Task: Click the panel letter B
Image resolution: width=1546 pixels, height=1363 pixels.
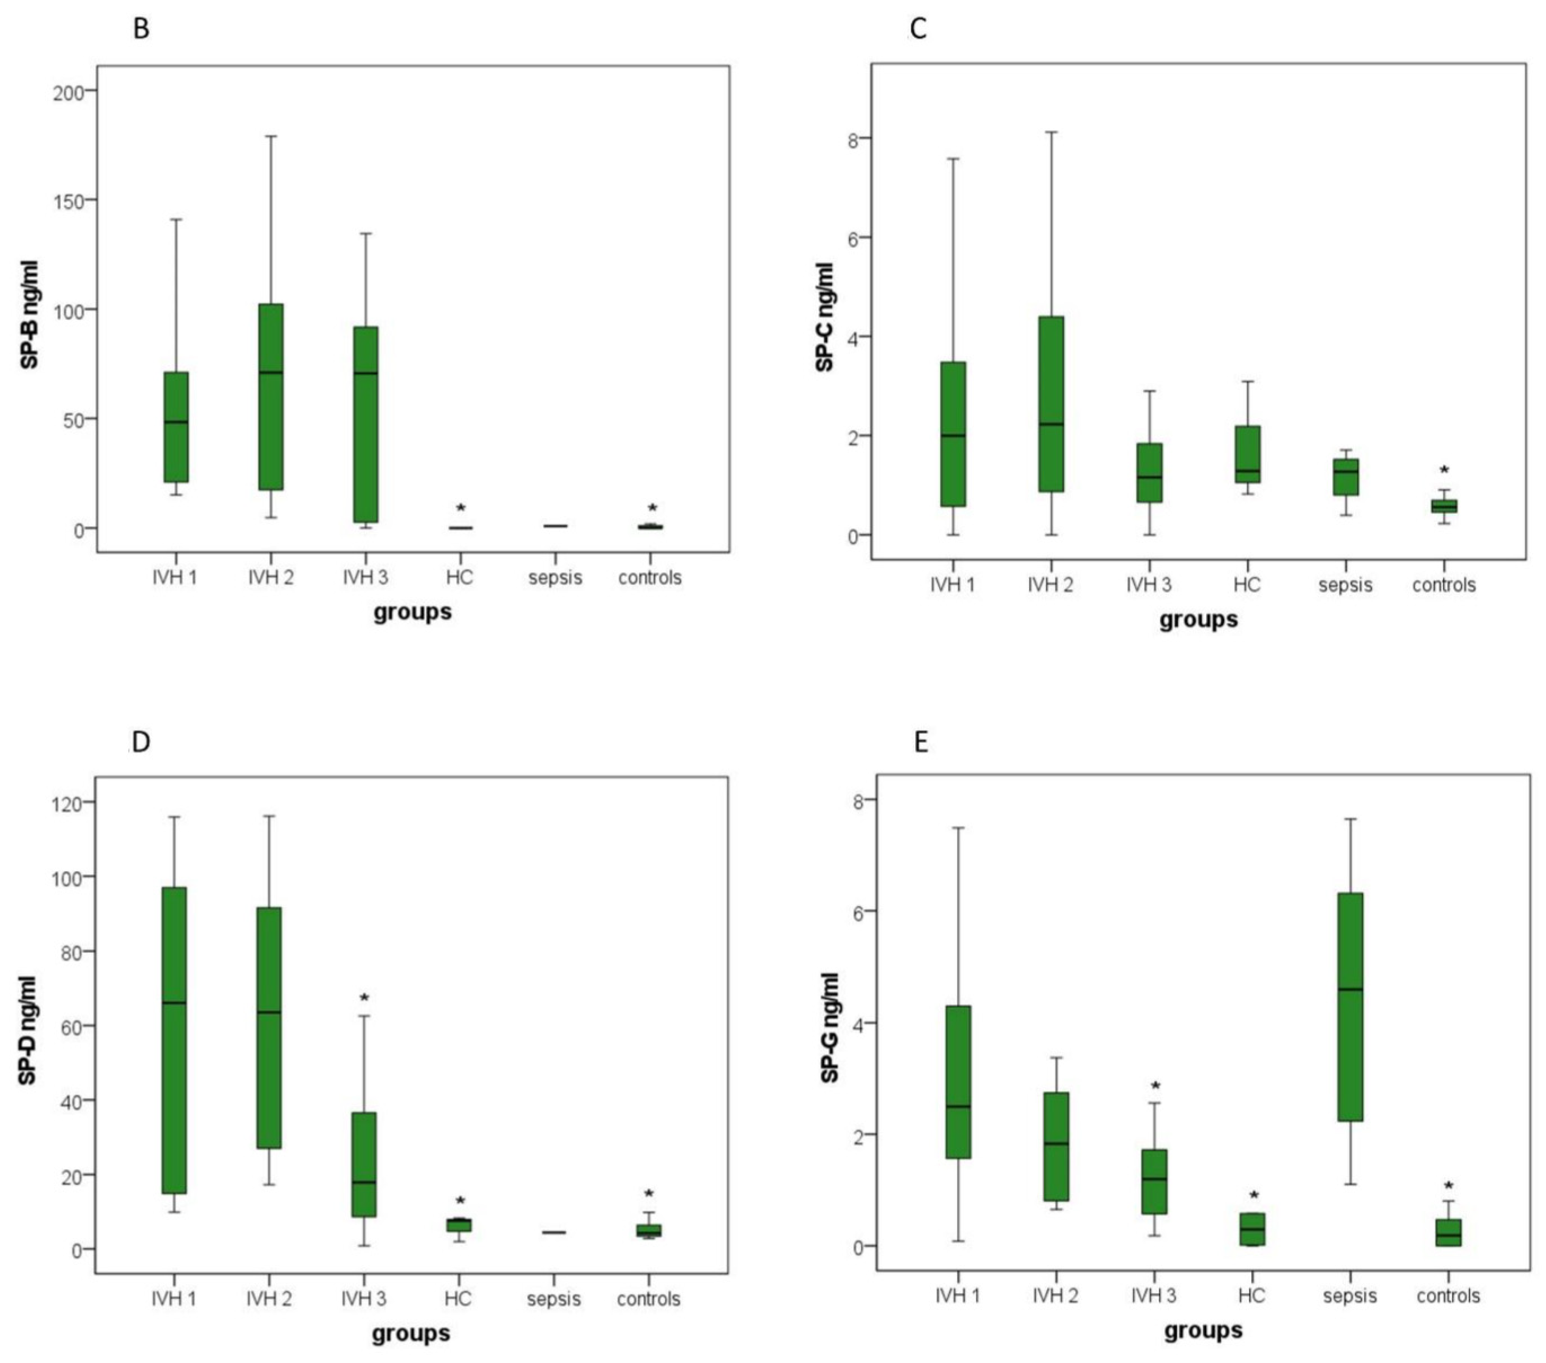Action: pos(141,29)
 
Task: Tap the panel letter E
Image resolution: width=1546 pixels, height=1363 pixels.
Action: pos(920,742)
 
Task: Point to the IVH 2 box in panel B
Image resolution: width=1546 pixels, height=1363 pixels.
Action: pos(271,397)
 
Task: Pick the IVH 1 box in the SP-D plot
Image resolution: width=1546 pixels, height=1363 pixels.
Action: pos(175,1040)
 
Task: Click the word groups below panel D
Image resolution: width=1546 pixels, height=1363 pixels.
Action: pos(411,1333)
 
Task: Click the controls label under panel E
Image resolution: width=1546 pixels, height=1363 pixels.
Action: pos(1448,1296)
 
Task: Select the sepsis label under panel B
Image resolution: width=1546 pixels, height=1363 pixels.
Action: pos(555,578)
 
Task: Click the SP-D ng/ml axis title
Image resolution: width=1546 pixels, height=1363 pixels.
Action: pos(28,1031)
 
